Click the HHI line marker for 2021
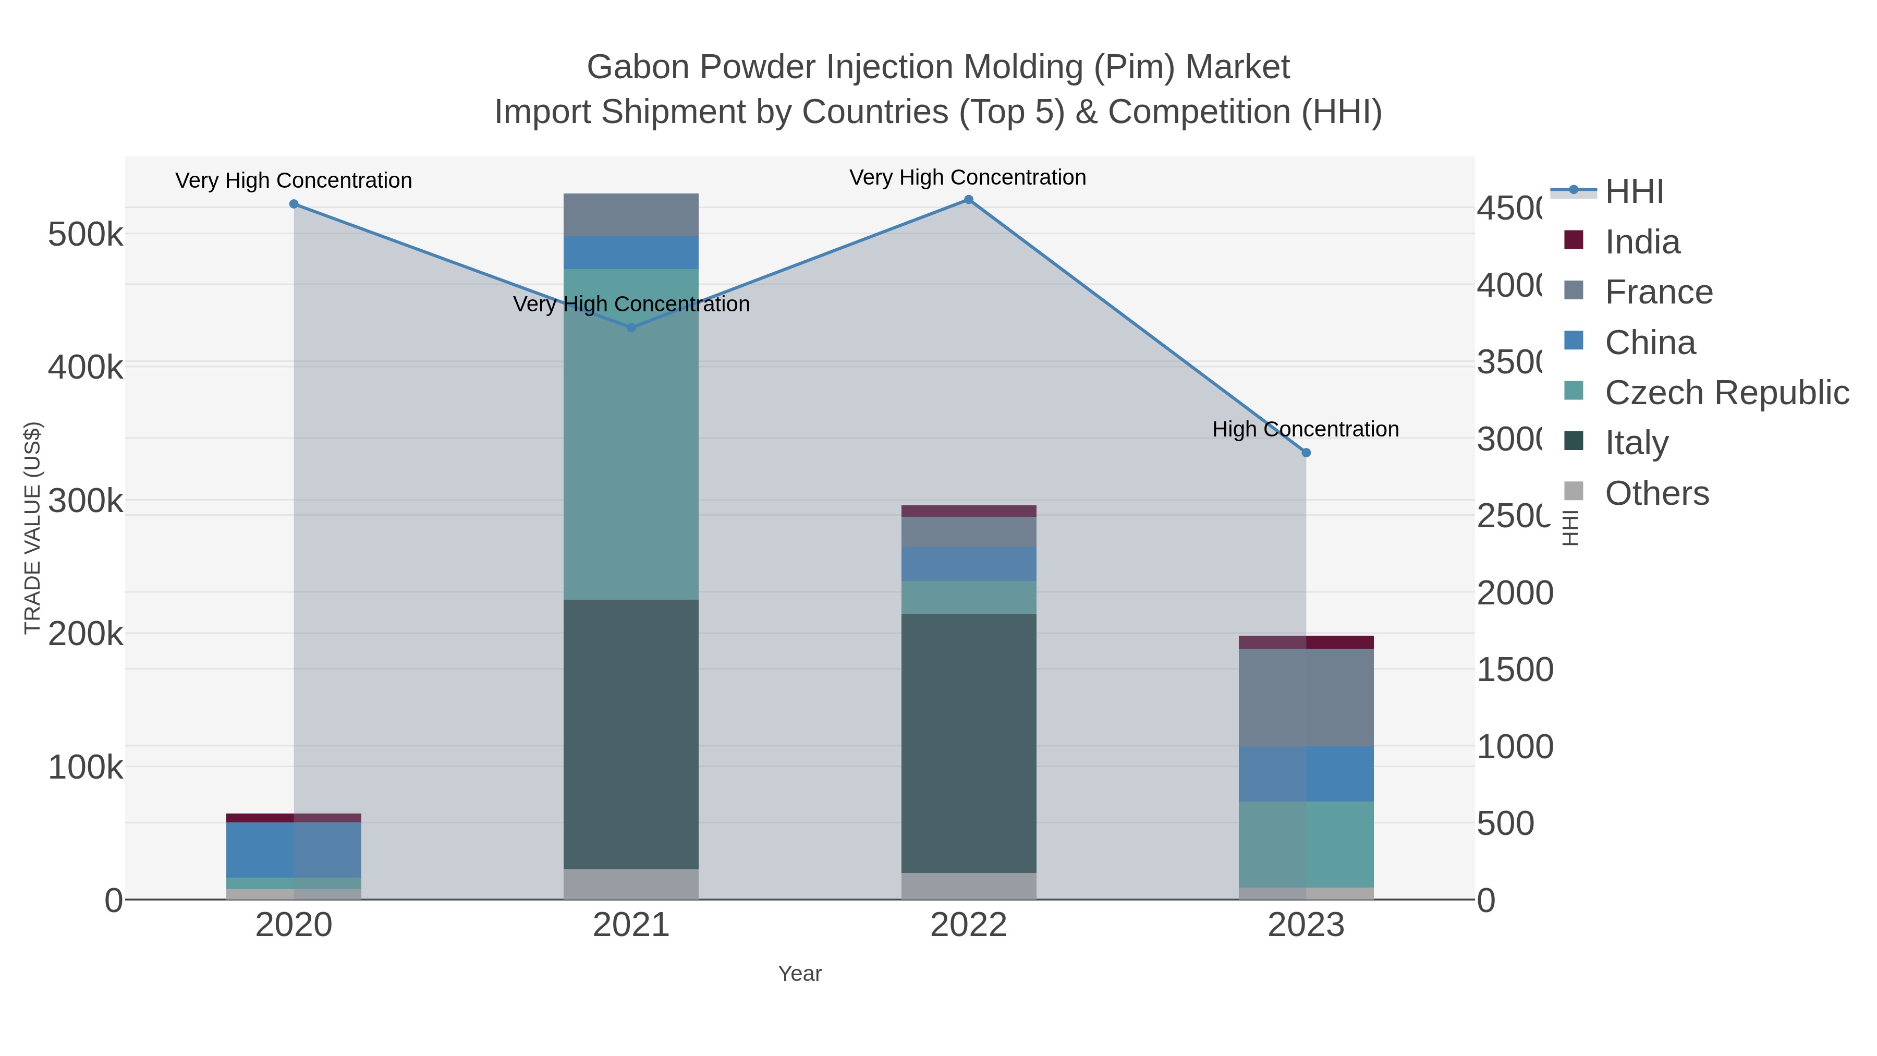point(631,328)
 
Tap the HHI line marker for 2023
point(1306,453)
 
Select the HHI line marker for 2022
point(968,200)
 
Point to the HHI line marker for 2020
point(294,204)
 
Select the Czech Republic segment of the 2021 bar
point(631,434)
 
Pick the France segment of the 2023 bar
point(1306,697)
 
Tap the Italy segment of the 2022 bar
point(968,743)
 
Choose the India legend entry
point(1642,242)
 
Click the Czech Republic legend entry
point(1726,393)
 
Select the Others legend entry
point(1656,493)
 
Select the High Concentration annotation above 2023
point(1305,429)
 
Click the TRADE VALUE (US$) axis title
point(32,528)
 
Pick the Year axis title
point(799,974)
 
